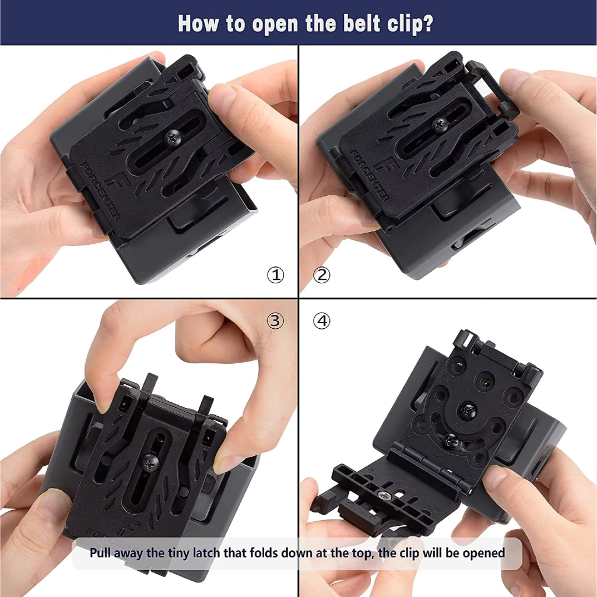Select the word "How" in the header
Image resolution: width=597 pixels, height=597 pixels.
[x=198, y=23]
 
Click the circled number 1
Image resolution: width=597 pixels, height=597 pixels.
[x=275, y=275]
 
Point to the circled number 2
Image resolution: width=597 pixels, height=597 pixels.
[x=321, y=275]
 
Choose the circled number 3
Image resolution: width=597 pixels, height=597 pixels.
[x=275, y=321]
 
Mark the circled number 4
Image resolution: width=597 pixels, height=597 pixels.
[x=322, y=321]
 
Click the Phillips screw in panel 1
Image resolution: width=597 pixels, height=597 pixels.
[x=174, y=136]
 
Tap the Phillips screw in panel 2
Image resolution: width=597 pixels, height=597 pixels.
[x=441, y=124]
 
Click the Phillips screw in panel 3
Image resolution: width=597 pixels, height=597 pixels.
[x=150, y=462]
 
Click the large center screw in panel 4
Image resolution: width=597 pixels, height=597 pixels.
[x=467, y=410]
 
